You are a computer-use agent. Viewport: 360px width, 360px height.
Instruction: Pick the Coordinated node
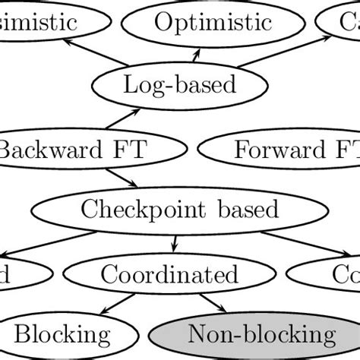[x=169, y=273]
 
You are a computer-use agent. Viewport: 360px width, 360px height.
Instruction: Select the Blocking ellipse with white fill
[x=62, y=333]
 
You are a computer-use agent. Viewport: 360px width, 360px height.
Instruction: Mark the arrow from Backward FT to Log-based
[x=125, y=118]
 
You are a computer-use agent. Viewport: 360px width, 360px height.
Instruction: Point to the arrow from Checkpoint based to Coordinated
[x=175, y=242]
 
